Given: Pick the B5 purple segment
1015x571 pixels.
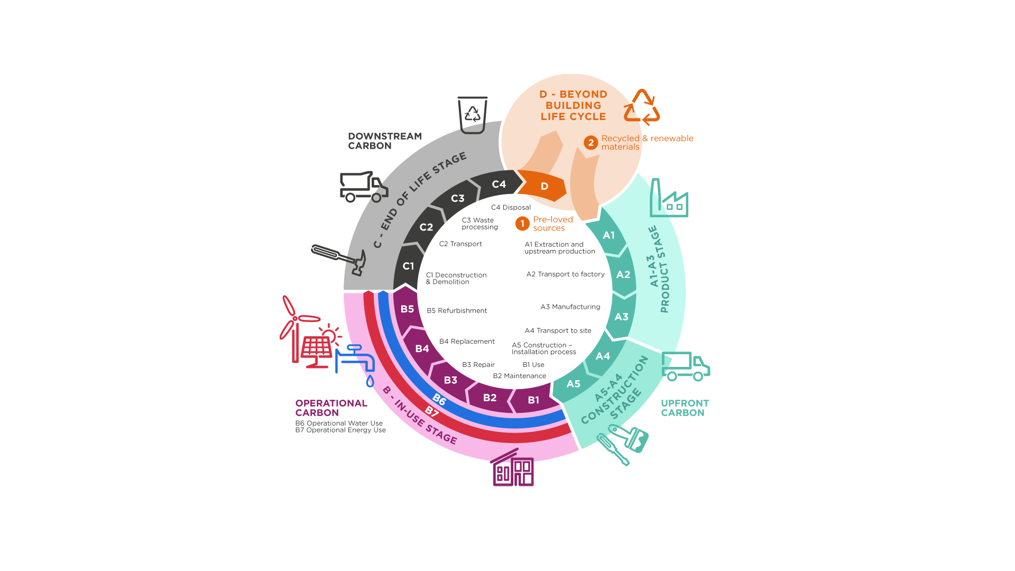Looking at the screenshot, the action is point(408,309).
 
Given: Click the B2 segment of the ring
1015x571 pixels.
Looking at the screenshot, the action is point(490,398).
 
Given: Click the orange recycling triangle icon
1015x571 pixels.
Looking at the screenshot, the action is point(641,107).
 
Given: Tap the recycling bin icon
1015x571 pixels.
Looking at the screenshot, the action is point(472,115).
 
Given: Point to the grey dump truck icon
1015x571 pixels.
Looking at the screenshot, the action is point(364,187).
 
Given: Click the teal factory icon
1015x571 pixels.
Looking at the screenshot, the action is point(669,198).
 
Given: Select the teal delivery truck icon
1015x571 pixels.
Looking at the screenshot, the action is point(686,366).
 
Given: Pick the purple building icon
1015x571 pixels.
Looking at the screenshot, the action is point(512,467).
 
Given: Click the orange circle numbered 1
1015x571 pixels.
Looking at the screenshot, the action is point(522,224).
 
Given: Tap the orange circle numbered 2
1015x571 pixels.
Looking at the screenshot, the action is point(591,143).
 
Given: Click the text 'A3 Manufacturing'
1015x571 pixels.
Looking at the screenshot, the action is point(570,307).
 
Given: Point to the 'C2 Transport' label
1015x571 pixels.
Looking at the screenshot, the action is point(460,244).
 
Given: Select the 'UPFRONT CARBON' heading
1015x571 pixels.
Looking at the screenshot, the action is point(685,408).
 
